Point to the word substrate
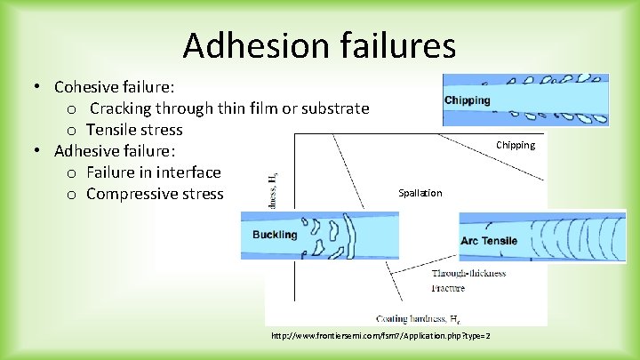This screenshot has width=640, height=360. (x=329, y=108)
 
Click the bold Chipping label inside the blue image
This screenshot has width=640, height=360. (x=468, y=100)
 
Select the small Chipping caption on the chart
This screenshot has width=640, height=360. (x=516, y=145)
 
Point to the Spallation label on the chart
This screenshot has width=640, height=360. (x=420, y=193)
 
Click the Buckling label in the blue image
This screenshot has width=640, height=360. (x=275, y=235)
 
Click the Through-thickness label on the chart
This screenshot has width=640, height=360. (x=468, y=273)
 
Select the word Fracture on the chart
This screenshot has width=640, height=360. (x=448, y=288)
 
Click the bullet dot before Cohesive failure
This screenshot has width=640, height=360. (x=39, y=87)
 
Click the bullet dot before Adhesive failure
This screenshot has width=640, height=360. (x=39, y=151)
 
